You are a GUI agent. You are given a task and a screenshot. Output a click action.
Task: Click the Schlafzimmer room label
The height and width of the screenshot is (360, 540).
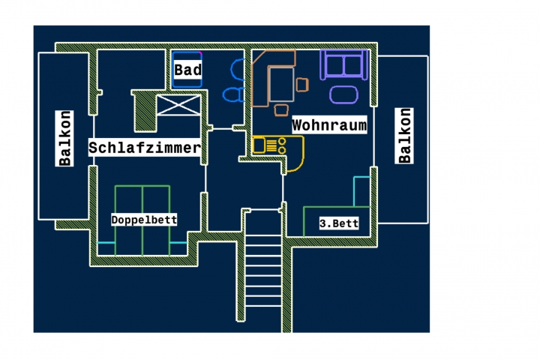coord(145,148)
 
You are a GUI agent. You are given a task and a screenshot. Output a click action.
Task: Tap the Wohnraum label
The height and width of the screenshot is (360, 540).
coord(329,124)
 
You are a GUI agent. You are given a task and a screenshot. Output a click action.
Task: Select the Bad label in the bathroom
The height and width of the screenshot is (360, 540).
coord(187,70)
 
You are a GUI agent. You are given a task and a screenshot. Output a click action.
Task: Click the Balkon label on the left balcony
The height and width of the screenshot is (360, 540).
coord(64,138)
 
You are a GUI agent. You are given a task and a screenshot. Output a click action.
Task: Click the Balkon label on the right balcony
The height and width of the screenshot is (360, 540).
coord(404,136)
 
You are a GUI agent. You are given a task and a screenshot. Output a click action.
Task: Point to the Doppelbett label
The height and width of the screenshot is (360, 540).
coord(144,220)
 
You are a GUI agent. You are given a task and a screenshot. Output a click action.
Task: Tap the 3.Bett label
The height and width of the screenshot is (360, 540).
coord(339,223)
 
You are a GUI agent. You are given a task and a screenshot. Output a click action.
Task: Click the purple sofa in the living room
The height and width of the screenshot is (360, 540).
coord(344,64)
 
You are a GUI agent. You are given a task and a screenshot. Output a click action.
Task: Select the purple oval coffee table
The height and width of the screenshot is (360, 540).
coord(343,94)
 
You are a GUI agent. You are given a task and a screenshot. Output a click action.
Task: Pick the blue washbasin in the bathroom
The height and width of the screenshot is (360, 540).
coord(238,70)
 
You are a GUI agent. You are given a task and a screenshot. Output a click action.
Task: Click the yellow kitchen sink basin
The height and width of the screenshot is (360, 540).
coord(259,145)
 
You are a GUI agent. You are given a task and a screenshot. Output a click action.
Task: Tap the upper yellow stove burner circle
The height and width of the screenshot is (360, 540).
coord(282,141)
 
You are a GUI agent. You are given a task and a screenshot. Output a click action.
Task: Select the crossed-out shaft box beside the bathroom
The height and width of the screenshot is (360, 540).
coord(178,105)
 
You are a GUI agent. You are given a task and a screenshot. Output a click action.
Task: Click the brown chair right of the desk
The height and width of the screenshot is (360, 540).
coord(302,85)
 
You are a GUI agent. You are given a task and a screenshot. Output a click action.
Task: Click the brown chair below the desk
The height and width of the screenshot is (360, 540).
coord(281,110)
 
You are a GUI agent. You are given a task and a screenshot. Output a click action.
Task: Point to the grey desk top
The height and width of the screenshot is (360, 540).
coord(282,85)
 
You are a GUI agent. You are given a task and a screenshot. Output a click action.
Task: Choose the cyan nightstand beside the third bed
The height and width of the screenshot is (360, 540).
coord(362,191)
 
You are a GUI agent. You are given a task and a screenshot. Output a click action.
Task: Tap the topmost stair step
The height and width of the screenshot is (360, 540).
coord(264,235)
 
